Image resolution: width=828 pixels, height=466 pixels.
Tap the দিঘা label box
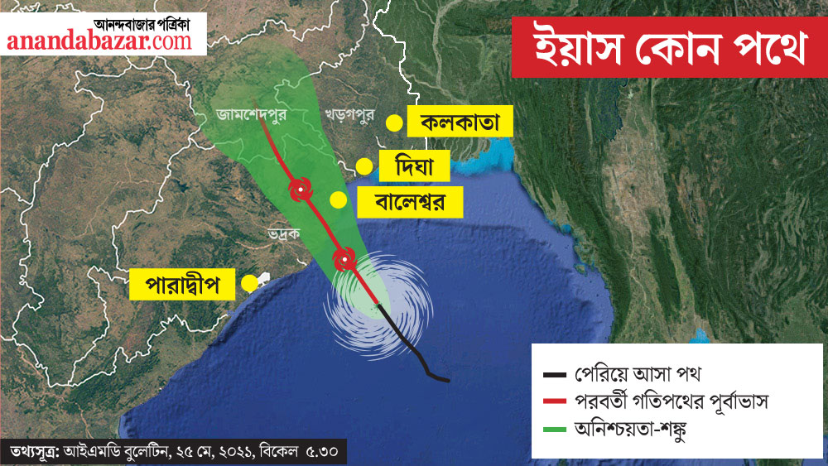coord(413,166)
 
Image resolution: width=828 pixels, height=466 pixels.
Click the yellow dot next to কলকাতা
coord(395,124)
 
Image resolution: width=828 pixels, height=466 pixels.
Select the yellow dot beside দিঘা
coord(363,166)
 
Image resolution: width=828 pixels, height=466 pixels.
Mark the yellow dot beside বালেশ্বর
coord(338,200)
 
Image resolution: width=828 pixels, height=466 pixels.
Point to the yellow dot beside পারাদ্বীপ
coord(248,284)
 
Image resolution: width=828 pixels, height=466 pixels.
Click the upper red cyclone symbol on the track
coord(298,190)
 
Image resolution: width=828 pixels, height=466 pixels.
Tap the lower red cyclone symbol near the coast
coord(343,260)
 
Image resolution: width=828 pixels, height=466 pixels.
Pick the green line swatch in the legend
coord(551,430)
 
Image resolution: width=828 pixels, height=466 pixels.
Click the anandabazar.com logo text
coord(99,41)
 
